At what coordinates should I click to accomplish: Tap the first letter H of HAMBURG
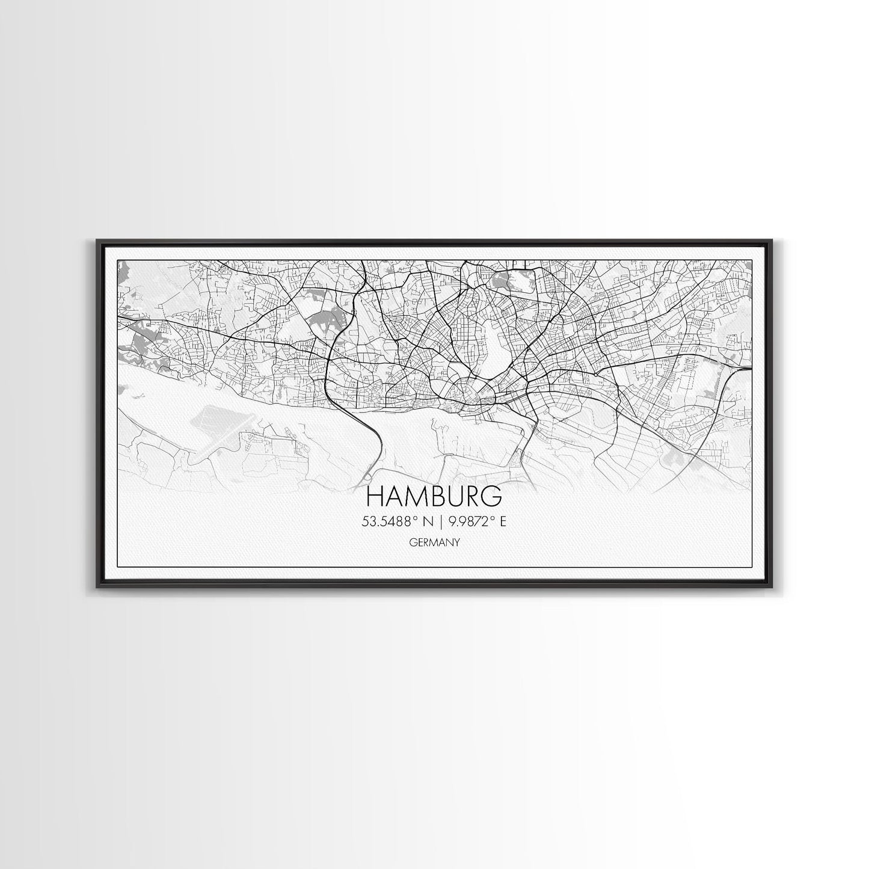374,497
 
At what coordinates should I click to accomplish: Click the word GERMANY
434,542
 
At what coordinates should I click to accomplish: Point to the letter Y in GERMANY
457,542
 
